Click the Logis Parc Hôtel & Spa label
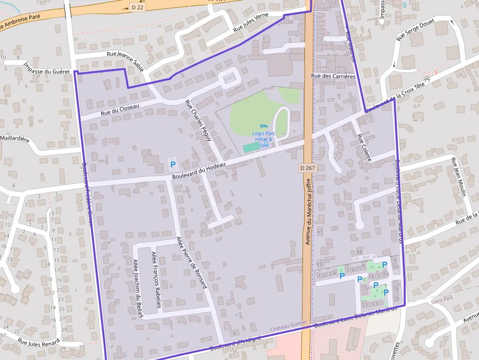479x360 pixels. (x=264, y=139)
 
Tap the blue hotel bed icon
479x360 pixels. (x=264, y=127)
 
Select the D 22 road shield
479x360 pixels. (x=137, y=7)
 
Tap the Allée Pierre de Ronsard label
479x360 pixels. (x=191, y=262)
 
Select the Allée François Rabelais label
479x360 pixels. (x=156, y=280)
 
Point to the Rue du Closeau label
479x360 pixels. (x=120, y=109)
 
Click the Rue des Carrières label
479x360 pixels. (x=333, y=76)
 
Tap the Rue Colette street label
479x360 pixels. (x=365, y=148)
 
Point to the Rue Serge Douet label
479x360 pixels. (x=416, y=29)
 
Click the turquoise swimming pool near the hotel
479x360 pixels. (x=251, y=147)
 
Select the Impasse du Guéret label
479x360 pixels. (x=46, y=68)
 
